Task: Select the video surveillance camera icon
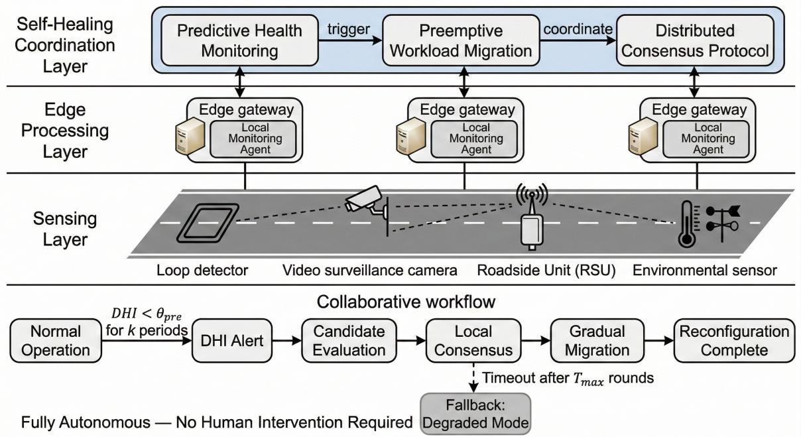point(365,199)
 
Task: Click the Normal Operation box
point(56,342)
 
